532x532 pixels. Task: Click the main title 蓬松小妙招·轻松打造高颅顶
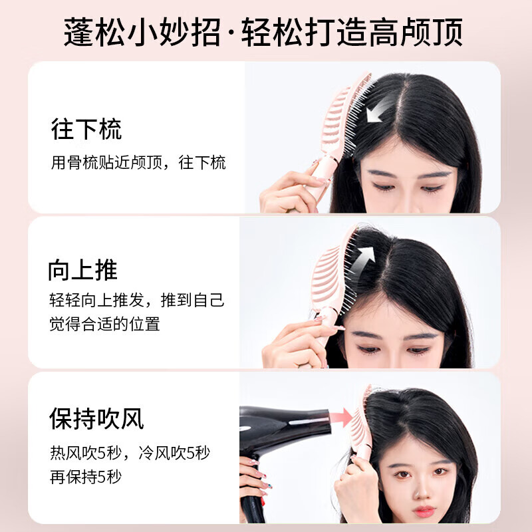(264, 31)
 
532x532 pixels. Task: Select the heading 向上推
(82, 270)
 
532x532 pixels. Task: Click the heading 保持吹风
(96, 418)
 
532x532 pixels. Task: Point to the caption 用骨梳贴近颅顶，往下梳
(138, 162)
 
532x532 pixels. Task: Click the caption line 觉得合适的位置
(104, 325)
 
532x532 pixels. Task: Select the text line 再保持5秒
(86, 476)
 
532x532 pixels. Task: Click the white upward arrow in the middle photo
(364, 257)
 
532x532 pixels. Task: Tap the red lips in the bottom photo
(424, 511)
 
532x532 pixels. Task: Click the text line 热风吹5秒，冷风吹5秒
(130, 454)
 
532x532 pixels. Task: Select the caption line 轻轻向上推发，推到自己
(136, 300)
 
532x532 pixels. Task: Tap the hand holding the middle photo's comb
(296, 342)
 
